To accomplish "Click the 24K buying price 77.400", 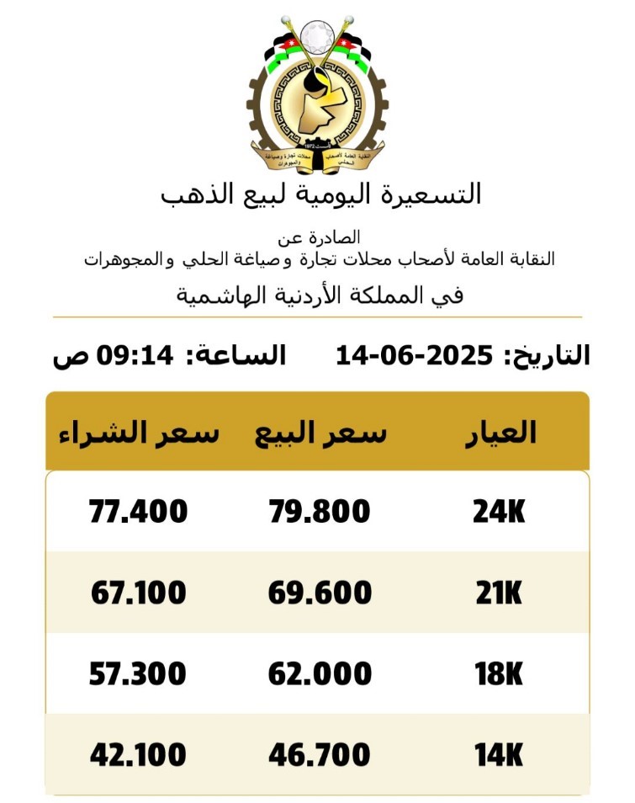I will point(139,511).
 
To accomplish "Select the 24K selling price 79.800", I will point(320,511).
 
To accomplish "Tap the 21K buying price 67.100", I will point(139,593).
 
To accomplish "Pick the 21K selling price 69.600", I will point(320,593).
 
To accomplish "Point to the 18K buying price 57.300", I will point(139,673).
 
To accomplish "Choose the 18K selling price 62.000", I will point(320,673).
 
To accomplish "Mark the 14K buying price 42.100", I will point(139,755).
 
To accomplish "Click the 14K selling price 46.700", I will point(320,755).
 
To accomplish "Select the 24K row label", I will point(499,511).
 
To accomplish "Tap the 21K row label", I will point(499,593).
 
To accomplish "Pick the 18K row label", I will point(499,673).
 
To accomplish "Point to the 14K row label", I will point(499,755).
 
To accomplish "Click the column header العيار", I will point(500,432).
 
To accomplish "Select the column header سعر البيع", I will point(321,433).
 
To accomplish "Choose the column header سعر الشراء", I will point(139,433).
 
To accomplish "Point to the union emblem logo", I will point(317,93).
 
